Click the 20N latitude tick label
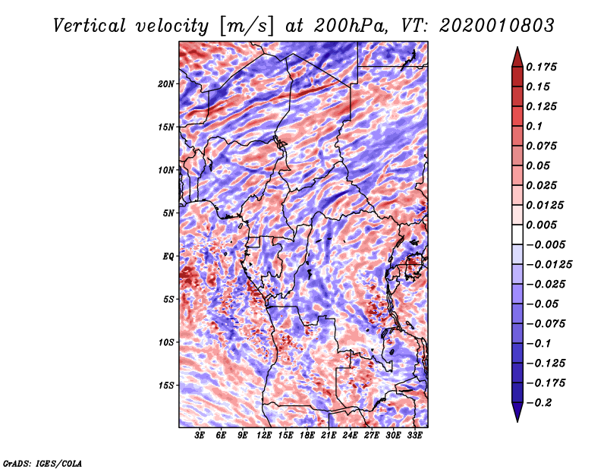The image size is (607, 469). point(167,83)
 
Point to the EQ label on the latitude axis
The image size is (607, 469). point(168,256)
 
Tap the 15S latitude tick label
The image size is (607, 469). point(167,386)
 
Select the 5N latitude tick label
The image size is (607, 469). point(169,213)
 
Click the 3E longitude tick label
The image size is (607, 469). point(200,436)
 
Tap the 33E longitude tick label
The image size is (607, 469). point(415,436)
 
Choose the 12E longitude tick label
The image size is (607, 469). point(264,436)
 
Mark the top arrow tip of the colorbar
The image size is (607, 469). point(516,49)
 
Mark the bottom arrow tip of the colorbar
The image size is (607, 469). point(516,420)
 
